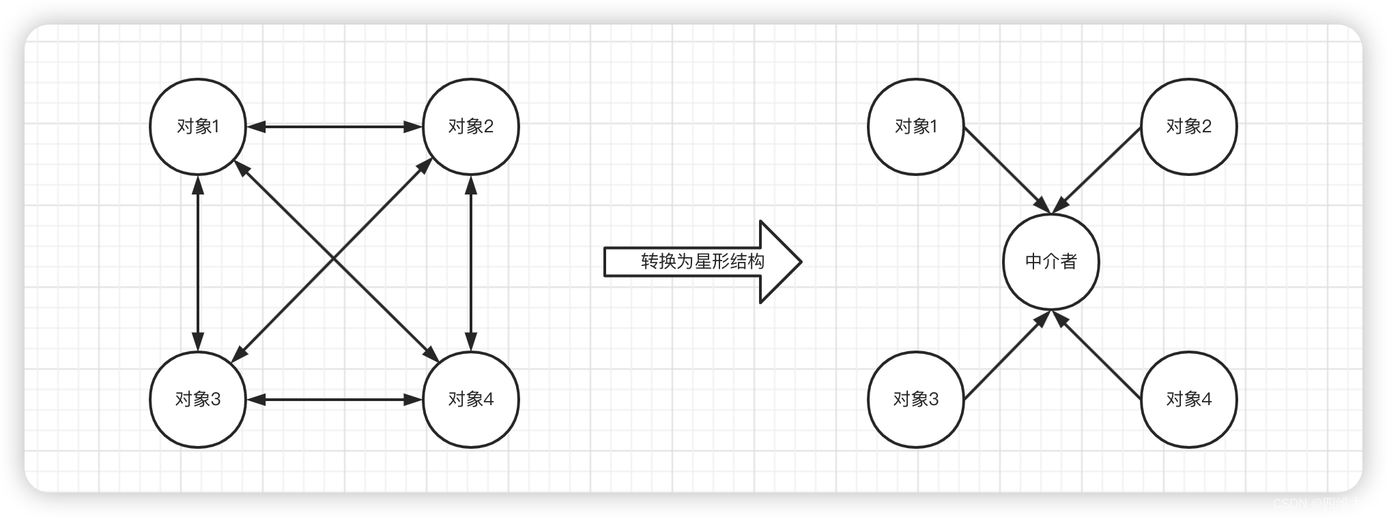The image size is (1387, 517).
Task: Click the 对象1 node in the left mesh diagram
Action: click(x=198, y=126)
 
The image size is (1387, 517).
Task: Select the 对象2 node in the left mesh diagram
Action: click(x=471, y=126)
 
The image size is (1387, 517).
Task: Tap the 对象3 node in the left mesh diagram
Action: click(x=198, y=399)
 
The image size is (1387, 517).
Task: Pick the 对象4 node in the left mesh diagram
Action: click(x=471, y=399)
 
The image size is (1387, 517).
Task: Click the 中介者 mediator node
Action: click(x=1051, y=262)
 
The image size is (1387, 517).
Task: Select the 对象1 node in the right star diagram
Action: click(x=916, y=126)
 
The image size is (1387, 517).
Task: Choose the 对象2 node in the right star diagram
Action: click(x=1189, y=126)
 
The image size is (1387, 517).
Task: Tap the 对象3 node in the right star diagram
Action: click(x=916, y=399)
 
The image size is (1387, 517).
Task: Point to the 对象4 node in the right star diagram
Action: click(x=1189, y=399)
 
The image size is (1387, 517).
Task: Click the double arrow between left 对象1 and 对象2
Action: click(x=334, y=126)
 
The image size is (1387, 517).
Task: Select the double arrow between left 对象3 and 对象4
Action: click(x=334, y=399)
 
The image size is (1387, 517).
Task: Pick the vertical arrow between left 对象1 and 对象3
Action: click(x=198, y=263)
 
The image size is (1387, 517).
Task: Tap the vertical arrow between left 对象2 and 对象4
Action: click(x=471, y=263)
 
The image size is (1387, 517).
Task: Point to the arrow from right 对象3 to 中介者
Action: click(x=1005, y=356)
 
